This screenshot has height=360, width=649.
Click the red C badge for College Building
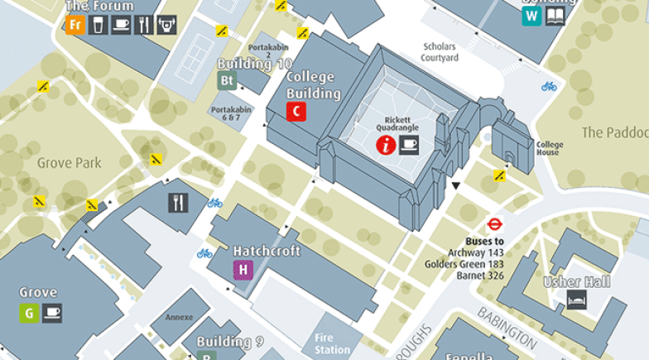pos(296,112)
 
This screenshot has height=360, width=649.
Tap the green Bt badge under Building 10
pos(226,80)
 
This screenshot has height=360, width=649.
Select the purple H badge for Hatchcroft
pos(243,269)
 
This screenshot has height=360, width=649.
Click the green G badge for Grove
pos(29,312)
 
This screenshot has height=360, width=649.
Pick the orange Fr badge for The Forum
pos(75,25)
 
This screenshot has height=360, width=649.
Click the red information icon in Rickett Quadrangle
pos(386,146)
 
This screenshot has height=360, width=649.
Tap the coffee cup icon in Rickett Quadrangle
pos(409,146)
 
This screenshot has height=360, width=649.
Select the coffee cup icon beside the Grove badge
pos(52,312)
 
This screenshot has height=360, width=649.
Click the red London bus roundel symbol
pos(494,223)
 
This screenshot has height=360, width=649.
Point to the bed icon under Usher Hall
pos(577,300)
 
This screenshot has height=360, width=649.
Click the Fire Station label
pos(332,344)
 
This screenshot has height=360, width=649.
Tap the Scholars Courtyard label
pos(440,52)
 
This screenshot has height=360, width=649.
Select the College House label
pos(549,148)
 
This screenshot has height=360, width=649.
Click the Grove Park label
pos(70,163)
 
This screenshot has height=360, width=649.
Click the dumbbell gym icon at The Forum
pos(168,25)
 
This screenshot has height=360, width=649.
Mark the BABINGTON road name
pos(507,328)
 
